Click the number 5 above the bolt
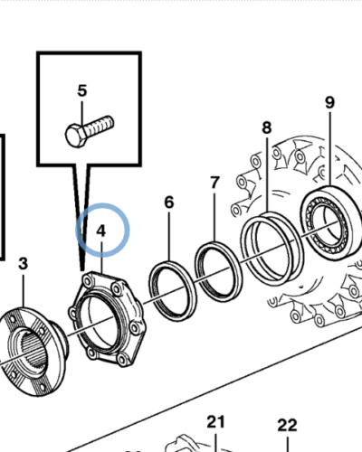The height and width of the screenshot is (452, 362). coord(82,90)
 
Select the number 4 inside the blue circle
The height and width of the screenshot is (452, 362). coord(101,231)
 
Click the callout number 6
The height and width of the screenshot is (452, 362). coord(168,203)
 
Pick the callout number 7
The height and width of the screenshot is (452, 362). coord(214,183)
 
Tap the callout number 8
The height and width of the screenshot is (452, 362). coord(266,128)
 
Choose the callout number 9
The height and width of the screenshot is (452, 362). coord(330,102)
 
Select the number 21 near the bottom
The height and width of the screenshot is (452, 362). coord(214,421)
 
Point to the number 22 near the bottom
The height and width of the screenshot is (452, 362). coord(287,425)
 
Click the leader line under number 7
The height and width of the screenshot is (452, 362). coord(214,217)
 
